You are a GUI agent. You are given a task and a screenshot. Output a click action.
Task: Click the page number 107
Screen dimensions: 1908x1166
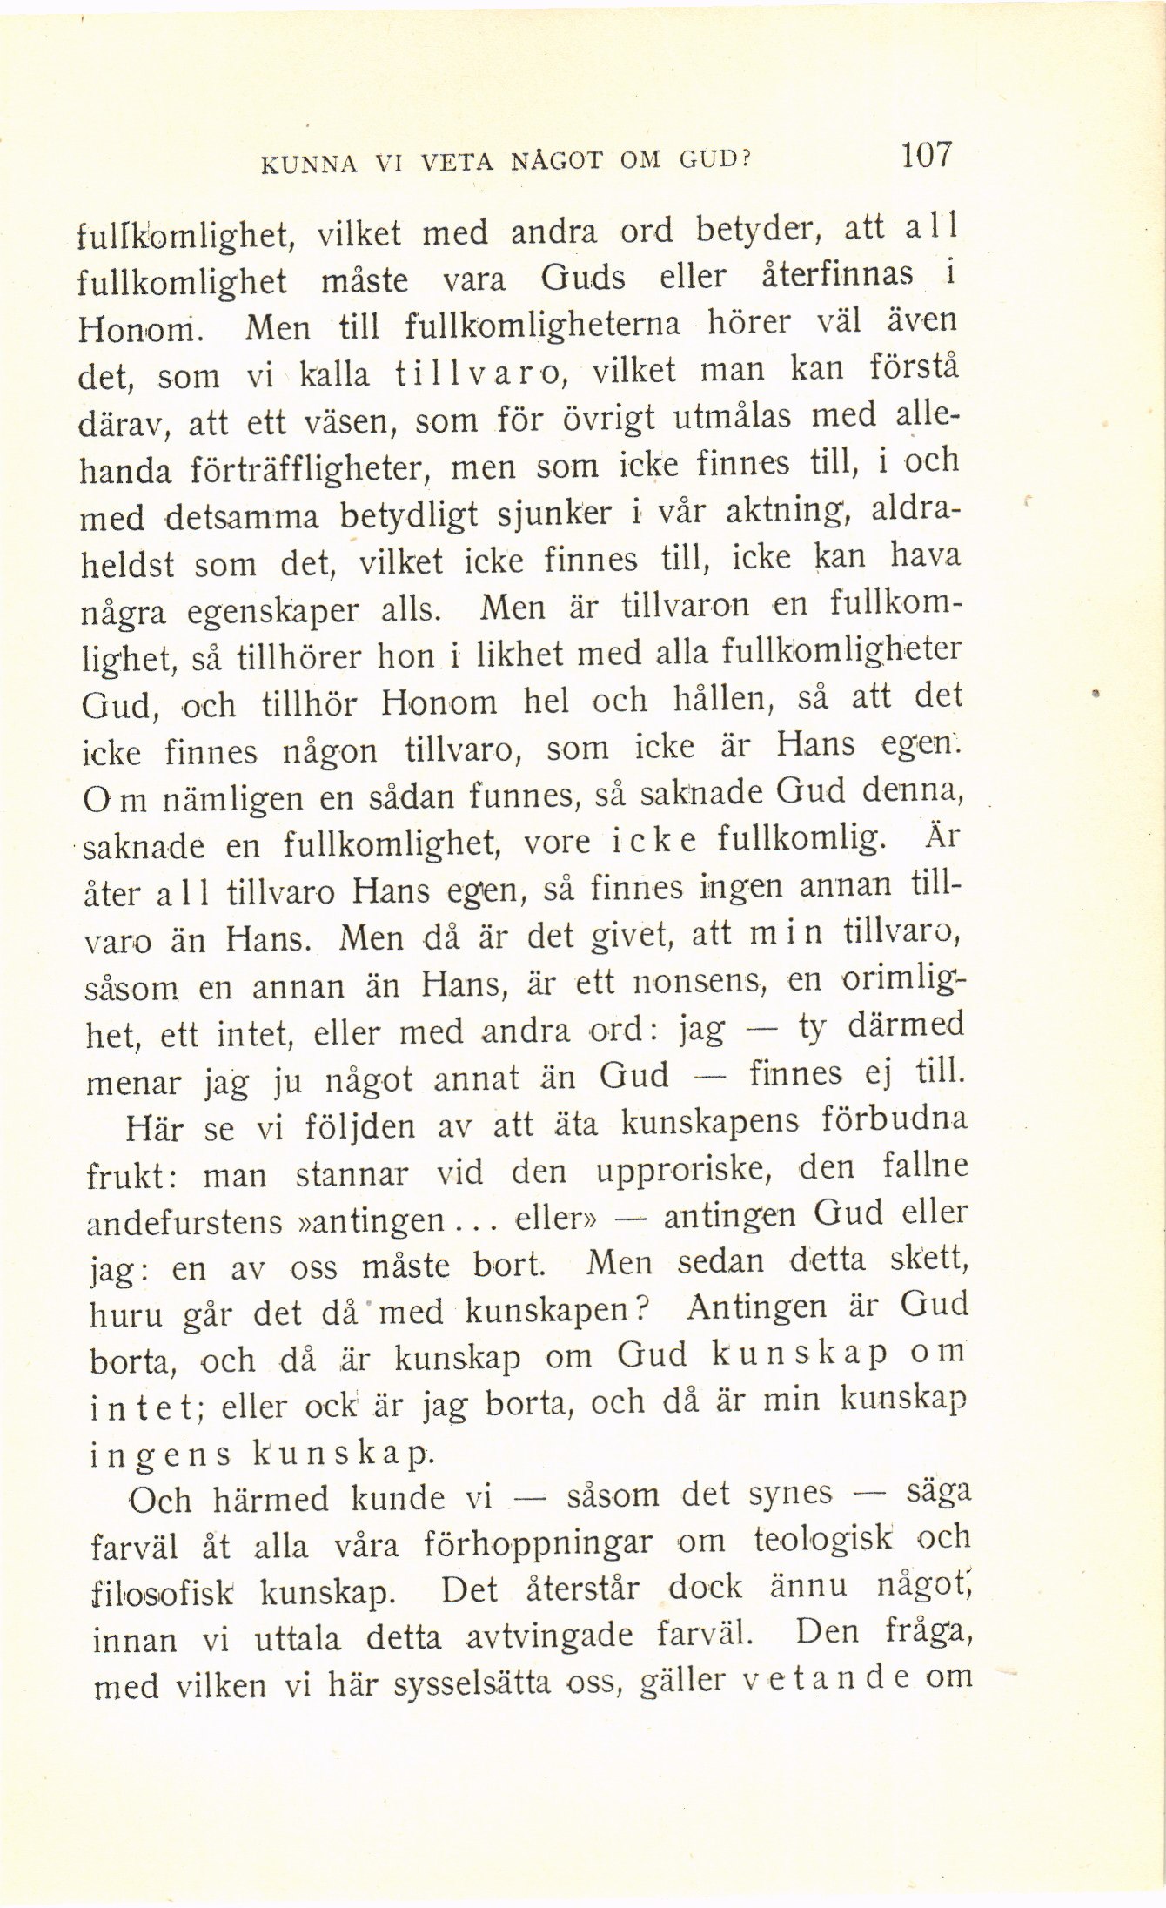pos(928,156)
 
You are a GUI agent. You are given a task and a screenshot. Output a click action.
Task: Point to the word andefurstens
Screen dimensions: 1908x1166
pos(185,1222)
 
